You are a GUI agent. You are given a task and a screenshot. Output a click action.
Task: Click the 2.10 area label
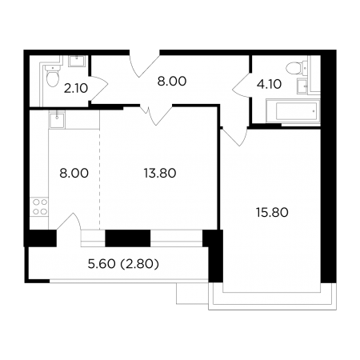tap(76, 88)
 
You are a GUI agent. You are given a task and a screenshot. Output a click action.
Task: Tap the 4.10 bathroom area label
tap(269, 84)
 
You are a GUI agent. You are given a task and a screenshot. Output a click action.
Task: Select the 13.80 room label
tap(160, 173)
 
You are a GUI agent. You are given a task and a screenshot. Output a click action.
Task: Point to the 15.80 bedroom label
tap(272, 213)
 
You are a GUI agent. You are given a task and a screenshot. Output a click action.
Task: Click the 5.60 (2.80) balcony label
tap(123, 264)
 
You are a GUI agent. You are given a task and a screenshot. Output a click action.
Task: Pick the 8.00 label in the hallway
tap(172, 82)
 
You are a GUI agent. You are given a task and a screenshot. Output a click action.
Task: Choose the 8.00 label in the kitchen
tap(74, 174)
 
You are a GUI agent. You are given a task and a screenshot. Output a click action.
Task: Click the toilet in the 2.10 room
tap(52, 75)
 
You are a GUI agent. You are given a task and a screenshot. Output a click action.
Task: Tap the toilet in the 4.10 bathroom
tap(296, 68)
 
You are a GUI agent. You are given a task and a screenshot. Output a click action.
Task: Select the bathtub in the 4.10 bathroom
tap(293, 111)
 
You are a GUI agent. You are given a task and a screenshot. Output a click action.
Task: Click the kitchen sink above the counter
tap(57, 119)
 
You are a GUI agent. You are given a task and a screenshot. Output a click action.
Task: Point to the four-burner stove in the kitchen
tap(39, 207)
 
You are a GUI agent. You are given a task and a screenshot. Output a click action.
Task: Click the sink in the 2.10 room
tap(77, 61)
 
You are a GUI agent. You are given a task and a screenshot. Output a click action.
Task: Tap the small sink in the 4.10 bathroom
tap(302, 86)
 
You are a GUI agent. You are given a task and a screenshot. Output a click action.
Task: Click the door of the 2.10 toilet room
tap(99, 88)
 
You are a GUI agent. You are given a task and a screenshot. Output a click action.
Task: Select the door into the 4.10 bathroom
tap(242, 85)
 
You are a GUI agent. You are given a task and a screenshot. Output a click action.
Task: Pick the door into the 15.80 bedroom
tap(234, 137)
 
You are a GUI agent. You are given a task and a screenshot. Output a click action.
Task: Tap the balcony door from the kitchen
tap(69, 222)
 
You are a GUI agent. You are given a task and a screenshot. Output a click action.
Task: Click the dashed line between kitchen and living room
tap(100, 179)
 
